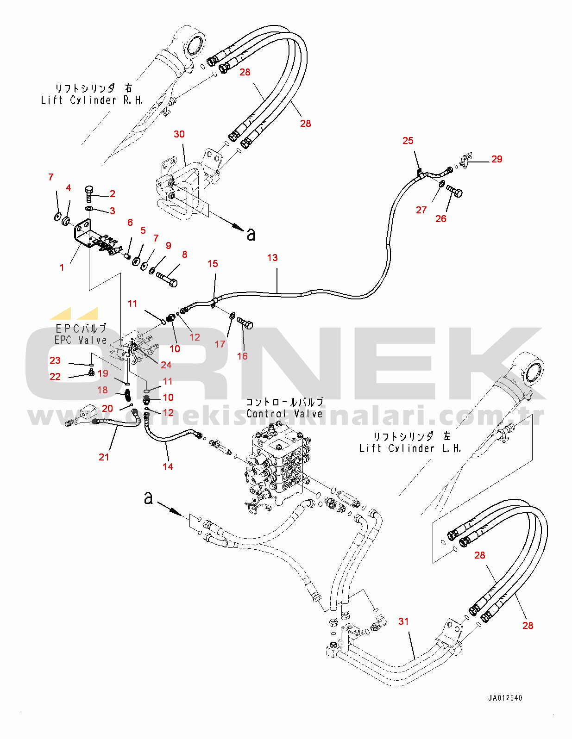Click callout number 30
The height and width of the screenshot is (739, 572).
pyautogui.click(x=179, y=134)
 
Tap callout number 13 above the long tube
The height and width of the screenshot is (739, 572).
pyautogui.click(x=272, y=258)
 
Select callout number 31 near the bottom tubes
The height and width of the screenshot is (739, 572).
pyautogui.click(x=403, y=621)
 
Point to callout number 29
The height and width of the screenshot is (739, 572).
pyautogui.click(x=497, y=159)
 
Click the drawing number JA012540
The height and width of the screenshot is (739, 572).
pyautogui.click(x=505, y=698)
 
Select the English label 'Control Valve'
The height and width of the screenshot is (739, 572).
pyautogui.click(x=284, y=414)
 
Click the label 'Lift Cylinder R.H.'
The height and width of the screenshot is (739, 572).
pyautogui.click(x=92, y=100)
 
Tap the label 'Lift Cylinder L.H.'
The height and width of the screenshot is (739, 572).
pyautogui.click(x=410, y=448)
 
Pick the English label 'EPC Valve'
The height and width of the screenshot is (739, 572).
pyautogui.click(x=81, y=340)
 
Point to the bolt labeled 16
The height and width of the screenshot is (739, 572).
pyautogui.click(x=245, y=323)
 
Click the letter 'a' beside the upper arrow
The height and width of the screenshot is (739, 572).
pyautogui.click(x=251, y=235)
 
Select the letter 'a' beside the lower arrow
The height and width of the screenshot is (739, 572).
pyautogui.click(x=148, y=498)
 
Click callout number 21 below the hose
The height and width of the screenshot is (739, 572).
pyautogui.click(x=104, y=457)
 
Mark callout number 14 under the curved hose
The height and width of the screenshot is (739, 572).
pyautogui.click(x=168, y=467)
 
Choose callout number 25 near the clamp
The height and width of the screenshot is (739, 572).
pyautogui.click(x=408, y=141)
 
